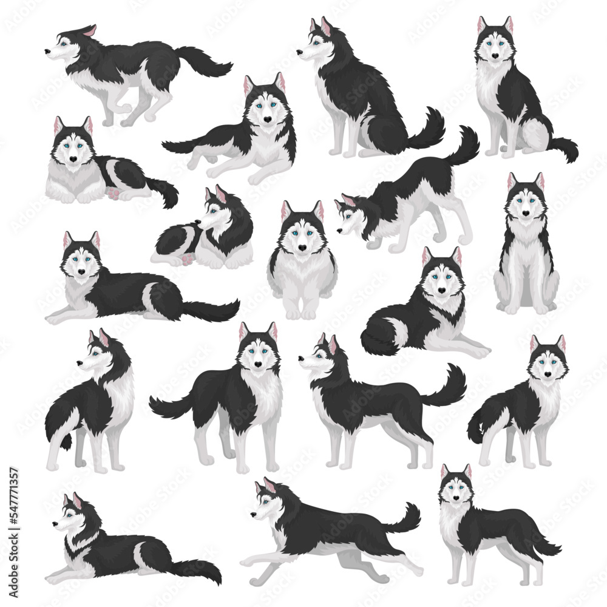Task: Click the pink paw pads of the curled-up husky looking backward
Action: (x=186, y=259)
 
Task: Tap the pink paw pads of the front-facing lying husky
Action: (x=113, y=192)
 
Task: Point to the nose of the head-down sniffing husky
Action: (x=338, y=231)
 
